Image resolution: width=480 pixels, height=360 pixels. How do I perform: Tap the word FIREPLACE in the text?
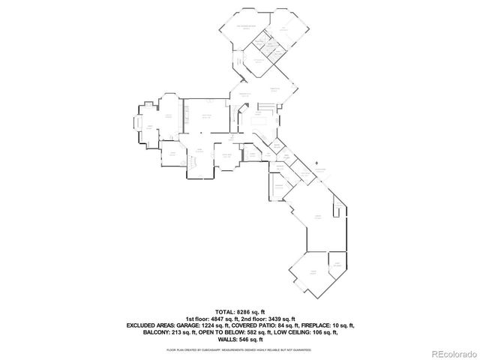(315, 325)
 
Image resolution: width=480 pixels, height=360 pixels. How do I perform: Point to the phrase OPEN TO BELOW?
(217, 333)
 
